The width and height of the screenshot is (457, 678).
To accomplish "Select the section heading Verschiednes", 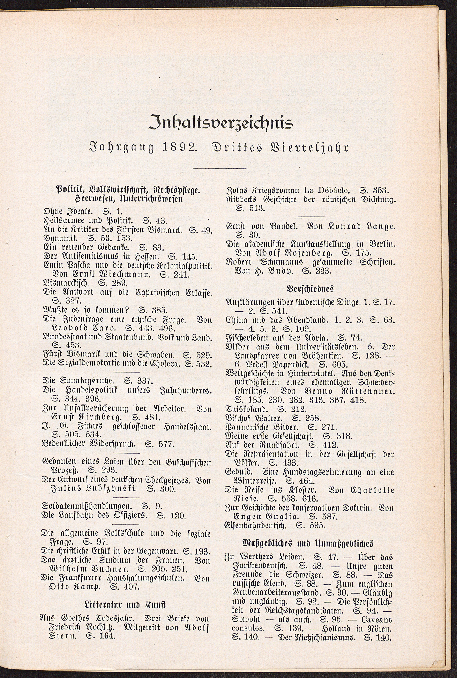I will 310,289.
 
